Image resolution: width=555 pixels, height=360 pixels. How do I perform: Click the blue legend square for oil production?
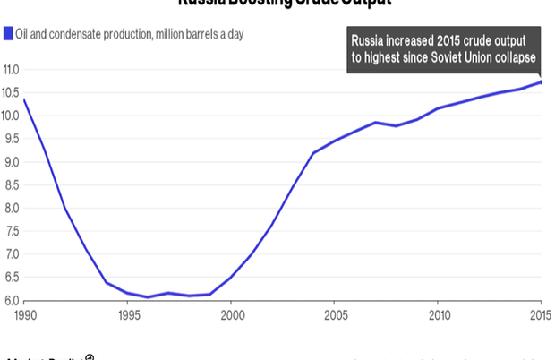(6, 34)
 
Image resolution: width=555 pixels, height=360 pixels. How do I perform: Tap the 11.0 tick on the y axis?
(11, 70)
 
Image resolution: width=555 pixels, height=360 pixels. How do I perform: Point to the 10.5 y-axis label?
(11, 93)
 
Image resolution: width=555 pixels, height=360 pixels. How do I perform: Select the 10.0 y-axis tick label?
(11, 116)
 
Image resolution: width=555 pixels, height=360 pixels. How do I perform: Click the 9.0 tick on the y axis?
(11, 162)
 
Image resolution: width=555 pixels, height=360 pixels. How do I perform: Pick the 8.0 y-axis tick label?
(11, 209)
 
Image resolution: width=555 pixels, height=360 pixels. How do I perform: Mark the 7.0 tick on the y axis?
(11, 255)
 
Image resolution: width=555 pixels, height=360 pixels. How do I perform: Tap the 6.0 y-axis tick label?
(11, 301)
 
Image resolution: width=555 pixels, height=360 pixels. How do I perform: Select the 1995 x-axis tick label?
(127, 315)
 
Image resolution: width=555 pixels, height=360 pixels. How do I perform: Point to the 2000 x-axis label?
(231, 315)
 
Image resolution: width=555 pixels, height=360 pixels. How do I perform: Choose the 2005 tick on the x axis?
(335, 315)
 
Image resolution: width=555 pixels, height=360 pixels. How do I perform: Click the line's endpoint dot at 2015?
(541, 82)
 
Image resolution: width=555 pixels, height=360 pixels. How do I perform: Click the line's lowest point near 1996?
(148, 297)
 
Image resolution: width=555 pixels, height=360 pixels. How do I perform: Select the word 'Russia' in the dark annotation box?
(367, 41)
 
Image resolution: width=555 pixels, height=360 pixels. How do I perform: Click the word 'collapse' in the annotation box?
(514, 57)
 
